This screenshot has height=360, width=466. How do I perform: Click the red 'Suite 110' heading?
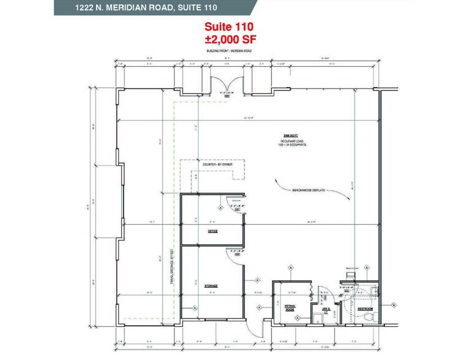pyautogui.click(x=228, y=27)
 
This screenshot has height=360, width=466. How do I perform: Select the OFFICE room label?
pyautogui.click(x=212, y=231)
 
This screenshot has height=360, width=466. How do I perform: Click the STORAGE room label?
pyautogui.click(x=211, y=286)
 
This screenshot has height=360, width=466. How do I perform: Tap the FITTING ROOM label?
pyautogui.click(x=290, y=307)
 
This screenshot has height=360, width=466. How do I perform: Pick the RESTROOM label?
pyautogui.click(x=367, y=309)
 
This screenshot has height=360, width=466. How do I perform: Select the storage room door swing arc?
pyautogui.click(x=235, y=258)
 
